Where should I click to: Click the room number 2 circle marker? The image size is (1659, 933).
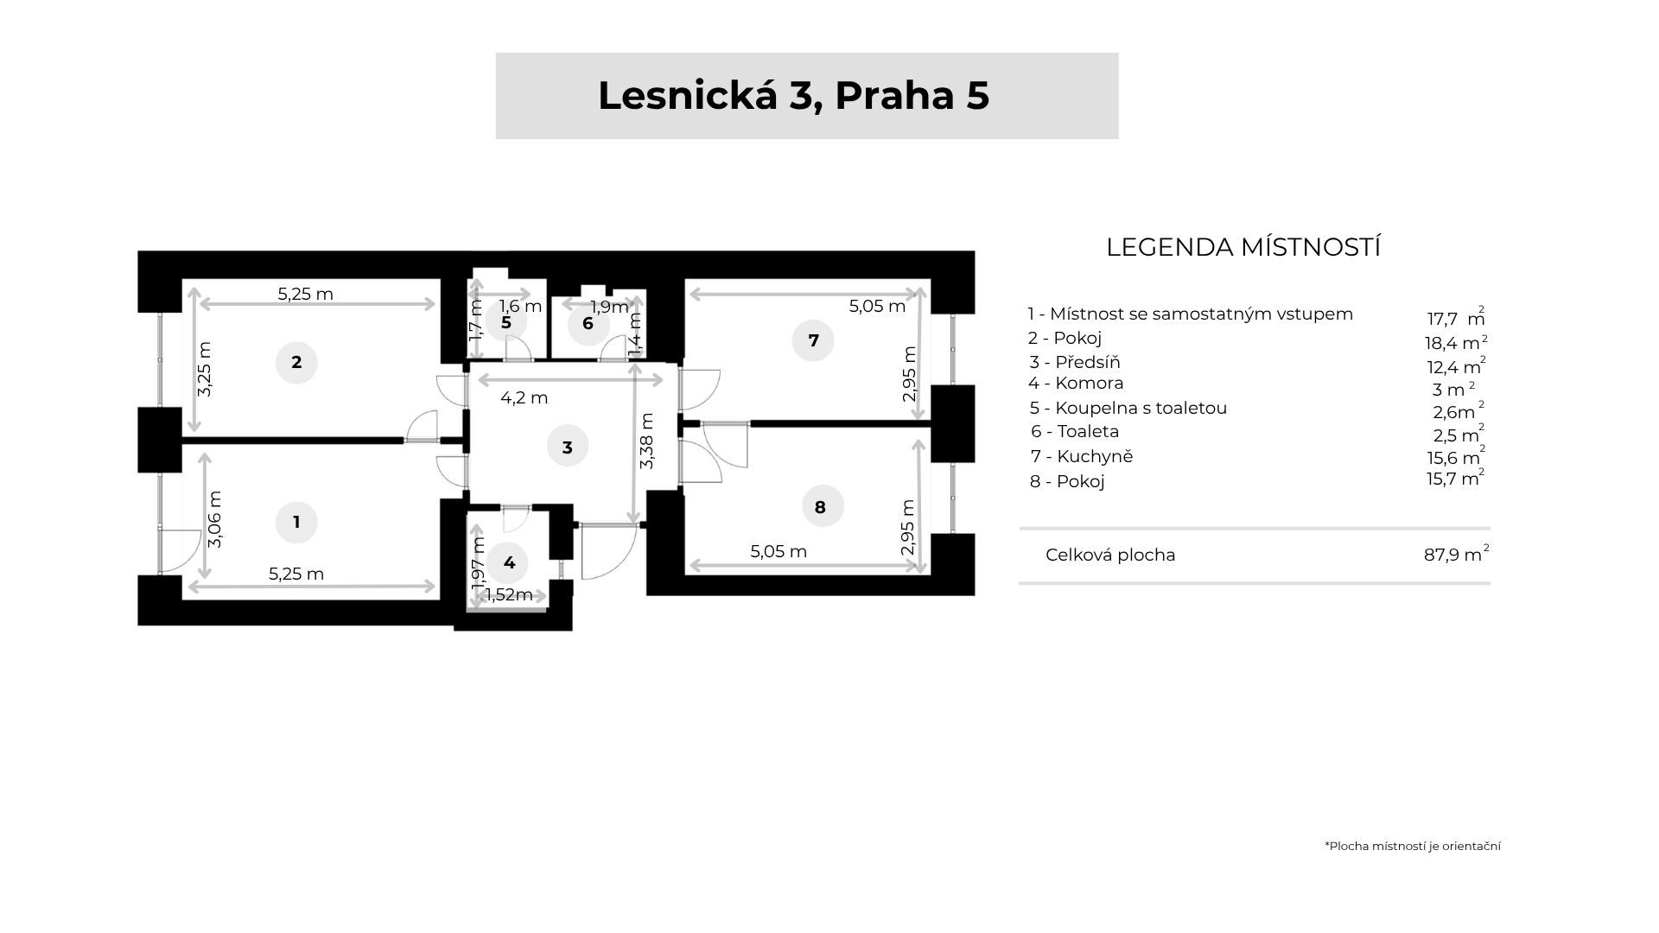pos(296,363)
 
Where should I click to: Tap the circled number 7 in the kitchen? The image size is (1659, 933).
pos(813,340)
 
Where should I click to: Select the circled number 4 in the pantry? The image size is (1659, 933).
pos(509,563)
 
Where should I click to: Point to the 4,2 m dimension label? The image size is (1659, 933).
pos(524,398)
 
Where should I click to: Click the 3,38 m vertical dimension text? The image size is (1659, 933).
pos(647,441)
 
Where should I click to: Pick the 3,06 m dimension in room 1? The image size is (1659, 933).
pos(216,519)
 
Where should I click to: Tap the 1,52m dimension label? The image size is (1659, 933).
pos(509,594)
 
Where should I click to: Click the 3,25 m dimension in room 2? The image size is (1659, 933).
pos(205,369)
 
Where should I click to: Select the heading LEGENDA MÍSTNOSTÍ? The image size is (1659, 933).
pos(1243,247)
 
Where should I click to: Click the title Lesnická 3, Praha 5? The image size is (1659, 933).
pos(793,96)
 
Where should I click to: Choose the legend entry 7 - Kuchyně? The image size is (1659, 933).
pos(1081,456)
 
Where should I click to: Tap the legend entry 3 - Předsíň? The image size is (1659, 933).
pos(1074,362)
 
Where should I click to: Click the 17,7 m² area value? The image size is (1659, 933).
pos(1455,318)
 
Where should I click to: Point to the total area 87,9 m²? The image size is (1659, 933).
pos(1456,554)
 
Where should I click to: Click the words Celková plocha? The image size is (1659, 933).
pos(1110,555)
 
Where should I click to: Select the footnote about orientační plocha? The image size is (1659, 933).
pos(1412,846)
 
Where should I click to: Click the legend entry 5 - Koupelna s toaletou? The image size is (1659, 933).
pos(1128,408)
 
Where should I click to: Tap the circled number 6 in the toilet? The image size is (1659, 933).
pos(588,324)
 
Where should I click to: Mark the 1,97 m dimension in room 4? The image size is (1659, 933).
pos(479,562)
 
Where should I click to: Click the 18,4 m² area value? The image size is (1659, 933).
pos(1455,342)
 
